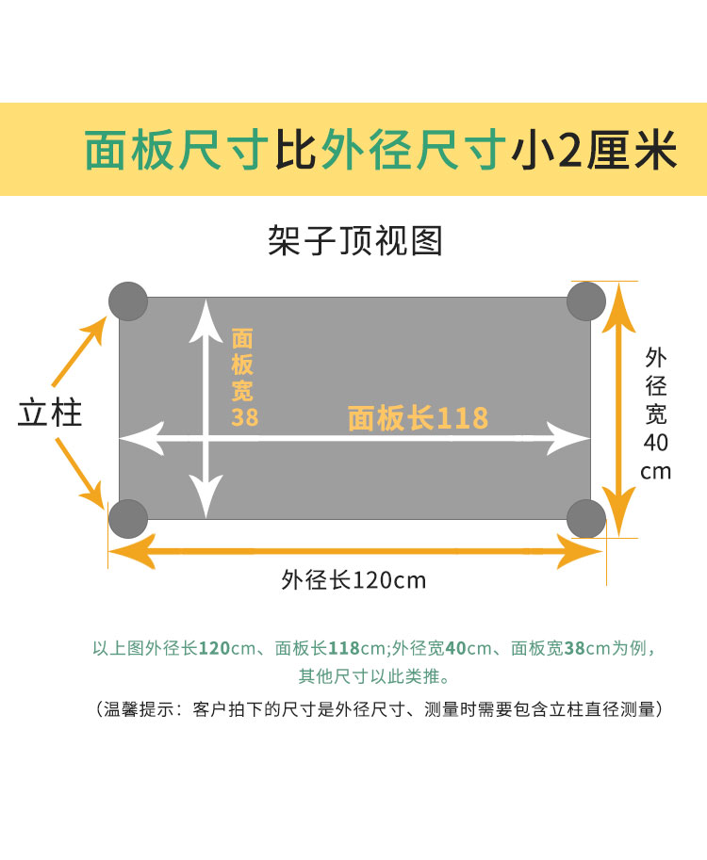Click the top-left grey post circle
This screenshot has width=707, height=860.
tap(128, 300)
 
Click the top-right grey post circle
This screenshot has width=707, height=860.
tap(586, 300)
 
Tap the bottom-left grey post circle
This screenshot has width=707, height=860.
tap(128, 518)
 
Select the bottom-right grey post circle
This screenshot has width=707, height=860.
tap(586, 518)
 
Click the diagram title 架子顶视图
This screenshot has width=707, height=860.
tap(354, 241)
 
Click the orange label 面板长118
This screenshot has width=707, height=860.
tap(418, 417)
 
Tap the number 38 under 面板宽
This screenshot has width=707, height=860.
tap(244, 416)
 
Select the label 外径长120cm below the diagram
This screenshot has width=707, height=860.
tap(353, 579)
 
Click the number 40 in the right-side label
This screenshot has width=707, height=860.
tap(657, 442)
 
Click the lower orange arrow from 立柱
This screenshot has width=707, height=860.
tap(81, 476)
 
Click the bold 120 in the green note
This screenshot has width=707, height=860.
tap(215, 648)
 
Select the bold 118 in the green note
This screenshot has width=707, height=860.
tap(344, 648)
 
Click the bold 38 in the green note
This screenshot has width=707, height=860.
tap(574, 648)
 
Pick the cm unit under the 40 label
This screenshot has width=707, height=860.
tap(656, 471)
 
